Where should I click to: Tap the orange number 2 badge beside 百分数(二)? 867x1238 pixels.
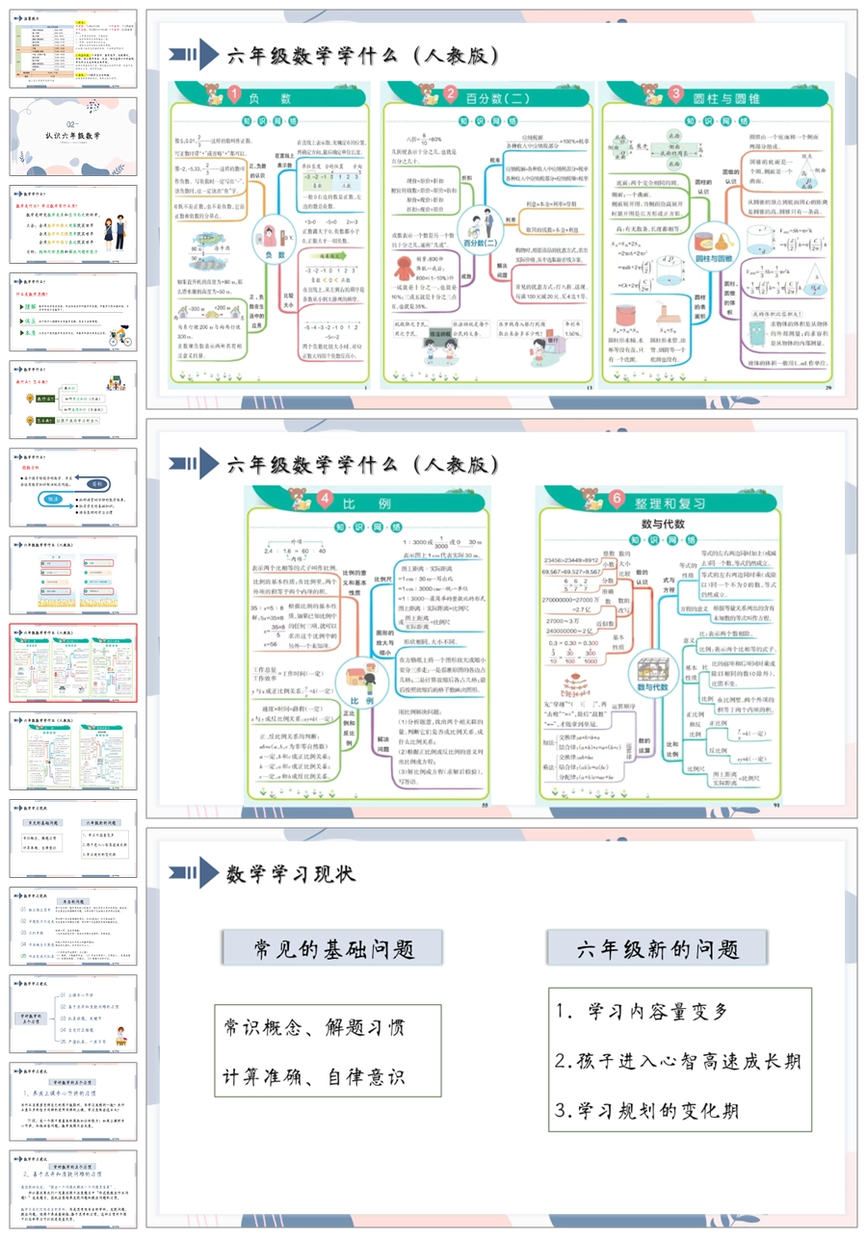(451, 94)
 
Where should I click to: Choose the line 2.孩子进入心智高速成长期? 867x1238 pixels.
(678, 1061)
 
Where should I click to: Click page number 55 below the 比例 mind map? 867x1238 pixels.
(486, 805)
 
